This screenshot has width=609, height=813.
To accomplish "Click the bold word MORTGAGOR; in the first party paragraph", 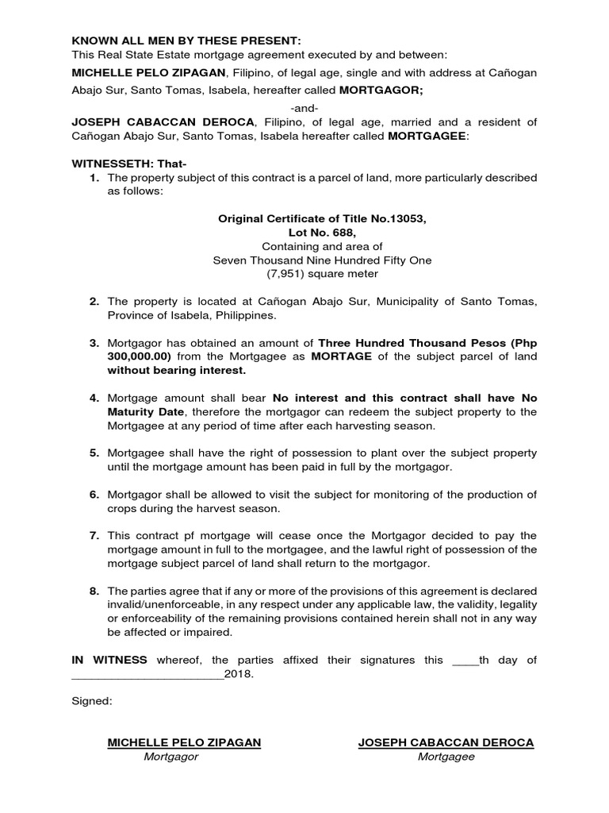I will pos(384,91).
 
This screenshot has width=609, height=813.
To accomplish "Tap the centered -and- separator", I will pos(304,106).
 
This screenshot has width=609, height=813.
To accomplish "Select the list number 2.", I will pos(94,301).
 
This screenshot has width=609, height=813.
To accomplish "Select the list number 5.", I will pos(94,453).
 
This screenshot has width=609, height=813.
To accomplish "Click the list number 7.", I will pos(94,534).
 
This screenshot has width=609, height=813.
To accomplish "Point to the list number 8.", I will pos(94,591).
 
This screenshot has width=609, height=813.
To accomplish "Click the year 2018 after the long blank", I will pos(239,675).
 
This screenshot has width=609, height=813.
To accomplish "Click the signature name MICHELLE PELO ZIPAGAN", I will pos(184,742).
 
